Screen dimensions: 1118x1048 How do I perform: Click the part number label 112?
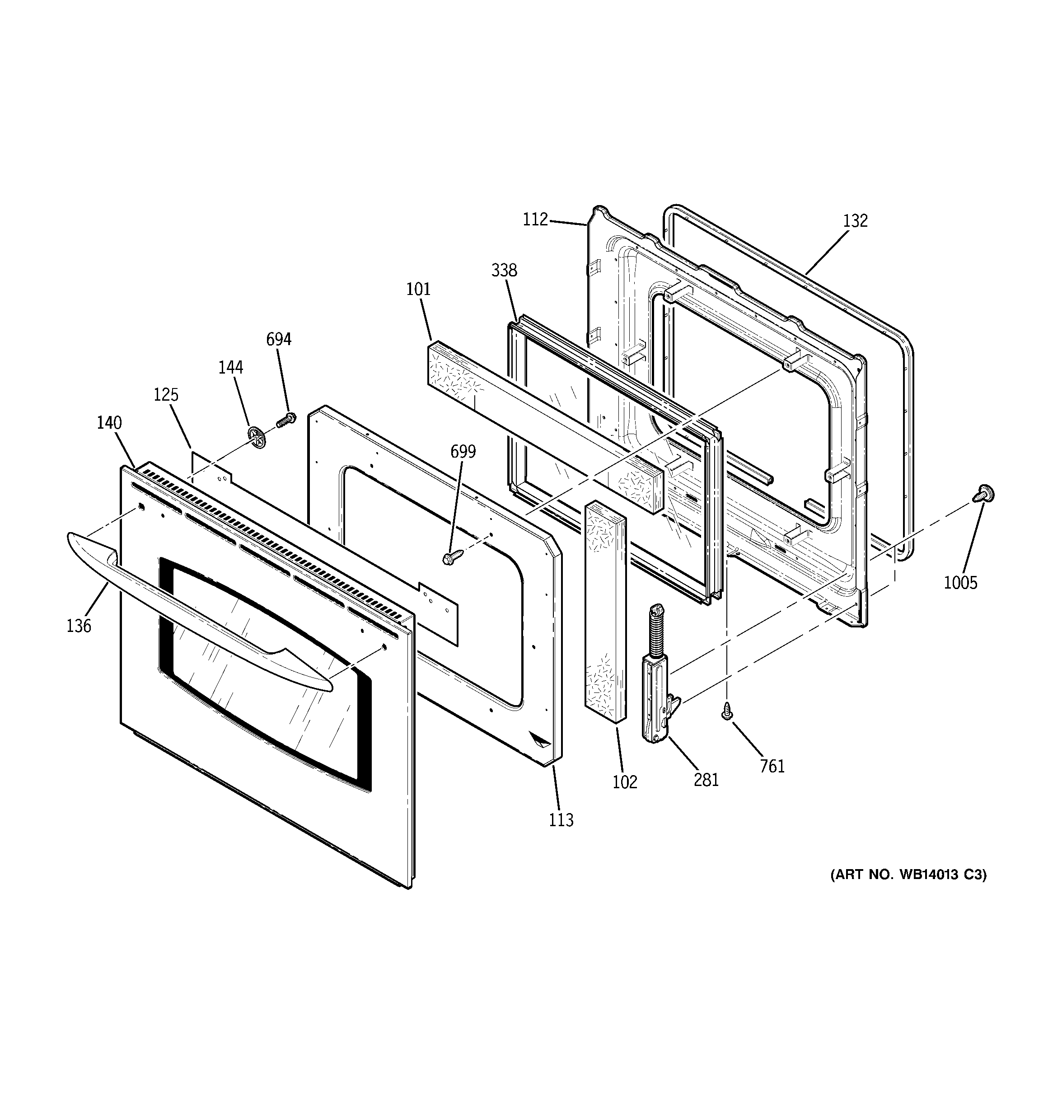(535, 220)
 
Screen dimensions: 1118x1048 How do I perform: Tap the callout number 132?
(855, 221)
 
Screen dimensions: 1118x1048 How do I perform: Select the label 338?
(504, 271)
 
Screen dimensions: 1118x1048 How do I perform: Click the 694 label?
(278, 339)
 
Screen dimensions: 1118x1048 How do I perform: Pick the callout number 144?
(231, 367)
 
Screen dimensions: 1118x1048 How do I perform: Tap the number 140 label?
(109, 422)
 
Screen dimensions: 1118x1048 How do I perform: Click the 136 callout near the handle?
(79, 625)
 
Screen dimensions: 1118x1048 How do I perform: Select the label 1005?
(960, 583)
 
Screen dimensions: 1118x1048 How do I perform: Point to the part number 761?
(772, 766)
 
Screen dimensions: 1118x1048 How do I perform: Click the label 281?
(706, 780)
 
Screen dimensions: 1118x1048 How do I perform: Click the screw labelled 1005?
(983, 493)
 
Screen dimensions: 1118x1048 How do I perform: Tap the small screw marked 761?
(727, 711)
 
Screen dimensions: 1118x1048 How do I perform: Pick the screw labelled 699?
(452, 558)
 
